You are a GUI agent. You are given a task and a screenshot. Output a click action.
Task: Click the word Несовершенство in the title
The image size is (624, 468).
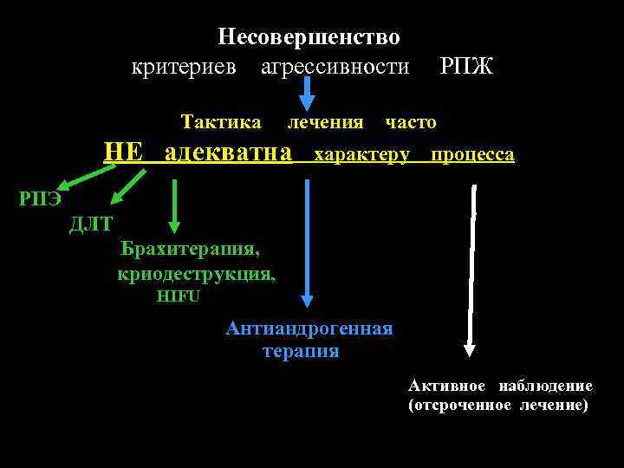309,37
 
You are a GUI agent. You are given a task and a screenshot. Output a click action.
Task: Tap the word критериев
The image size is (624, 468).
184,67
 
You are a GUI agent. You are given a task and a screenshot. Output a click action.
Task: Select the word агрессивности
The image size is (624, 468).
335,67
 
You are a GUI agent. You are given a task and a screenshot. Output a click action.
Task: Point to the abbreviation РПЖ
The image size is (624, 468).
466,67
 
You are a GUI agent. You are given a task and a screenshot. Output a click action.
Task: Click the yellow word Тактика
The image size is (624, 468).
221,122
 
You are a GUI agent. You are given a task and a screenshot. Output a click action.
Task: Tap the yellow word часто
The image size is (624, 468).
411,123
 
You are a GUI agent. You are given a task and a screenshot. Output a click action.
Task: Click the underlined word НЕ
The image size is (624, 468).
122,154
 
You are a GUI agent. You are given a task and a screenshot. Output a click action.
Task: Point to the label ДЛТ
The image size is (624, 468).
91,224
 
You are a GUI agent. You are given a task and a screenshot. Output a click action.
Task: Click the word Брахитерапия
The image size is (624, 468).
190,250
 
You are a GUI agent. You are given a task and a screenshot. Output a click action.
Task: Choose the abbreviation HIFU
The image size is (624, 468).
178,296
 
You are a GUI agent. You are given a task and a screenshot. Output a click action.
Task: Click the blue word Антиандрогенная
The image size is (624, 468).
309,329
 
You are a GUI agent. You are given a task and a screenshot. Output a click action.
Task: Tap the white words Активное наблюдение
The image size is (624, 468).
500,387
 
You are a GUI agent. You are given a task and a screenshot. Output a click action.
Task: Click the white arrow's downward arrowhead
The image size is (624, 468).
470,350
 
